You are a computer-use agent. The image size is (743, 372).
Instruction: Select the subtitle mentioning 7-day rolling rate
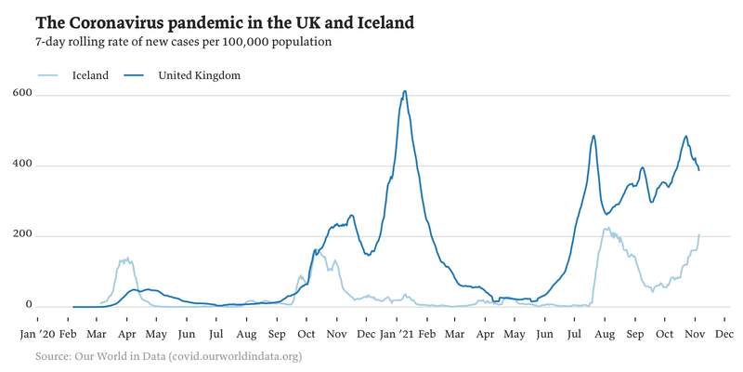click(183, 42)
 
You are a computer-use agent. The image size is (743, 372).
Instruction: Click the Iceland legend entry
click(90, 75)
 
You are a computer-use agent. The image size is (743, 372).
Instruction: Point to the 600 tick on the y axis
click(23, 94)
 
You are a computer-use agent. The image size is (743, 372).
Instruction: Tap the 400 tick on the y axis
click(23, 165)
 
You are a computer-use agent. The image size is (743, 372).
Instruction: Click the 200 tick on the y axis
click(23, 235)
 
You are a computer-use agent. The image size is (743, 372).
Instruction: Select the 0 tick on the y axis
click(29, 306)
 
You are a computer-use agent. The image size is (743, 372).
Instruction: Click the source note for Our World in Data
click(168, 356)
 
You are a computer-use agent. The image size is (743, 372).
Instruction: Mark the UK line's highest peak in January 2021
click(404, 91)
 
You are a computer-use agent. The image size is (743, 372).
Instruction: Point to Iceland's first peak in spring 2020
click(124, 259)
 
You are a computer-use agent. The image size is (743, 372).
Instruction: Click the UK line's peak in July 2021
click(593, 136)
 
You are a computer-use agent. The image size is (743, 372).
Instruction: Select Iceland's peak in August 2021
click(606, 228)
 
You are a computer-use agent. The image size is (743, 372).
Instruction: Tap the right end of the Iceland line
click(698, 234)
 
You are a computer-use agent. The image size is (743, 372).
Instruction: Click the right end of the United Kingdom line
click(698, 170)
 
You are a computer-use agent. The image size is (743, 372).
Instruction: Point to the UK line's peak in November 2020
click(350, 215)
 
